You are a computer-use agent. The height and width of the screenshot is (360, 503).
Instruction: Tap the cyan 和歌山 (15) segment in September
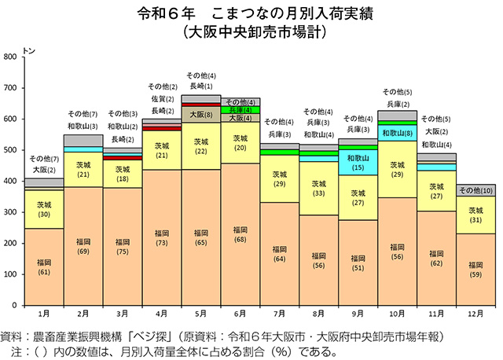(358, 163)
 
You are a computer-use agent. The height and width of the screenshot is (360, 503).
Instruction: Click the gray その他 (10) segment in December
(476, 190)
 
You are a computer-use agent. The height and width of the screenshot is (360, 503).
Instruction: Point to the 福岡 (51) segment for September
(358, 263)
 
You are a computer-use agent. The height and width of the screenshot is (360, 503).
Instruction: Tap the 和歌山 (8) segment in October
(398, 134)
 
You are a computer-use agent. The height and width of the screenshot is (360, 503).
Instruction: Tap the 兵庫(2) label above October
(398, 104)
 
